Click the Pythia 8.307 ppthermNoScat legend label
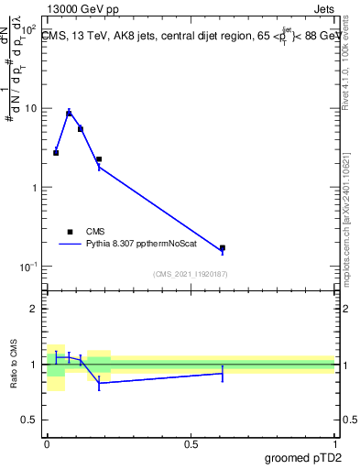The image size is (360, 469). pyautogui.click(x=137, y=245)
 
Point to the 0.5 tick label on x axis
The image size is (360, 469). pyautogui.click(x=191, y=444)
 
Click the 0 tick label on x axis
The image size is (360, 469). pyautogui.click(x=47, y=444)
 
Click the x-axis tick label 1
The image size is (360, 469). pyautogui.click(x=334, y=444)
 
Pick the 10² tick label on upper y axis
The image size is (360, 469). pyautogui.click(x=27, y=30)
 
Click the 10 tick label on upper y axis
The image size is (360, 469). pyautogui.click(x=30, y=109)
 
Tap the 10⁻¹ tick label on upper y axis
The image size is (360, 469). pyautogui.click(x=27, y=267)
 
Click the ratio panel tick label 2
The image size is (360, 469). pyautogui.click(x=35, y=309)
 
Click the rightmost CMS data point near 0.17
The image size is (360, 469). pyautogui.click(x=222, y=247)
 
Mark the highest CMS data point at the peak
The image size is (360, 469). pyautogui.click(x=69, y=114)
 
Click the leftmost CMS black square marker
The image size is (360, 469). pyautogui.click(x=56, y=153)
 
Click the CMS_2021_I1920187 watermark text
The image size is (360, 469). pyautogui.click(x=191, y=274)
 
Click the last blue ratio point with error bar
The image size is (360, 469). pyautogui.click(x=222, y=373)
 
